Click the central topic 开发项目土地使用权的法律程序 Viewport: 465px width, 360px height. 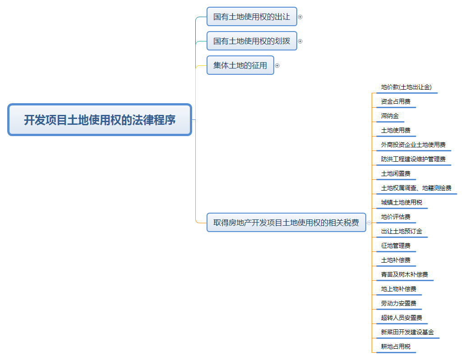[x=100, y=120]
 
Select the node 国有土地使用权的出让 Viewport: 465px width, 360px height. [x=252, y=17]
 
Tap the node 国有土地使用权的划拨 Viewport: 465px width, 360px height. [x=252, y=41]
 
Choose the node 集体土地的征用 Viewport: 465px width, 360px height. [x=240, y=65]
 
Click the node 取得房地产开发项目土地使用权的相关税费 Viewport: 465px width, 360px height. [x=286, y=223]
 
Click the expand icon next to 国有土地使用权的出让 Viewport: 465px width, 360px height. [x=300, y=17]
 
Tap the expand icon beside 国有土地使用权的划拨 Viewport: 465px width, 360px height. [x=300, y=41]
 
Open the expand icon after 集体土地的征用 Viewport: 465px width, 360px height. [x=277, y=66]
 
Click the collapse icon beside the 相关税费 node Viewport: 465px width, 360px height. [x=369, y=223]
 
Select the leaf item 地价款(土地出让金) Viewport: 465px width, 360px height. [x=406, y=87]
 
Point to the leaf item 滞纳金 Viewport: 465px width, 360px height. [x=390, y=116]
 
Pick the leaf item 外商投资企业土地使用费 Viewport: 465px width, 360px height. [x=413, y=145]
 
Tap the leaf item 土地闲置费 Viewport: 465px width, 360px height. [x=396, y=174]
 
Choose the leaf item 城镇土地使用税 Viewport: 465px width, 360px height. [x=401, y=203]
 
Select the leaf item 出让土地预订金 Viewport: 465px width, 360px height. [x=401, y=232]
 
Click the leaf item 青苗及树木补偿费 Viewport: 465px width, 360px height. [x=405, y=275]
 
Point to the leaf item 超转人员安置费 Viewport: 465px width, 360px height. [x=401, y=318]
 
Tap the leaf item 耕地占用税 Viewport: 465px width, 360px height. [x=396, y=347]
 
